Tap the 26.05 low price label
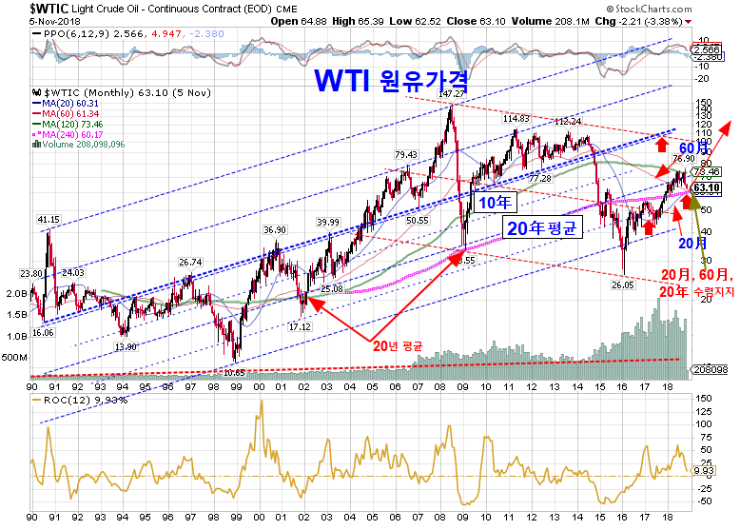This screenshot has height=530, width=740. pos(623,285)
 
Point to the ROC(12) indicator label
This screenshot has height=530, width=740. pos(67,401)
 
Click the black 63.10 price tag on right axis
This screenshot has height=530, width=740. pos(705,187)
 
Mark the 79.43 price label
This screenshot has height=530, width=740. pos(406,155)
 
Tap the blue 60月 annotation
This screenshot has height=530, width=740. pos(667,148)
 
